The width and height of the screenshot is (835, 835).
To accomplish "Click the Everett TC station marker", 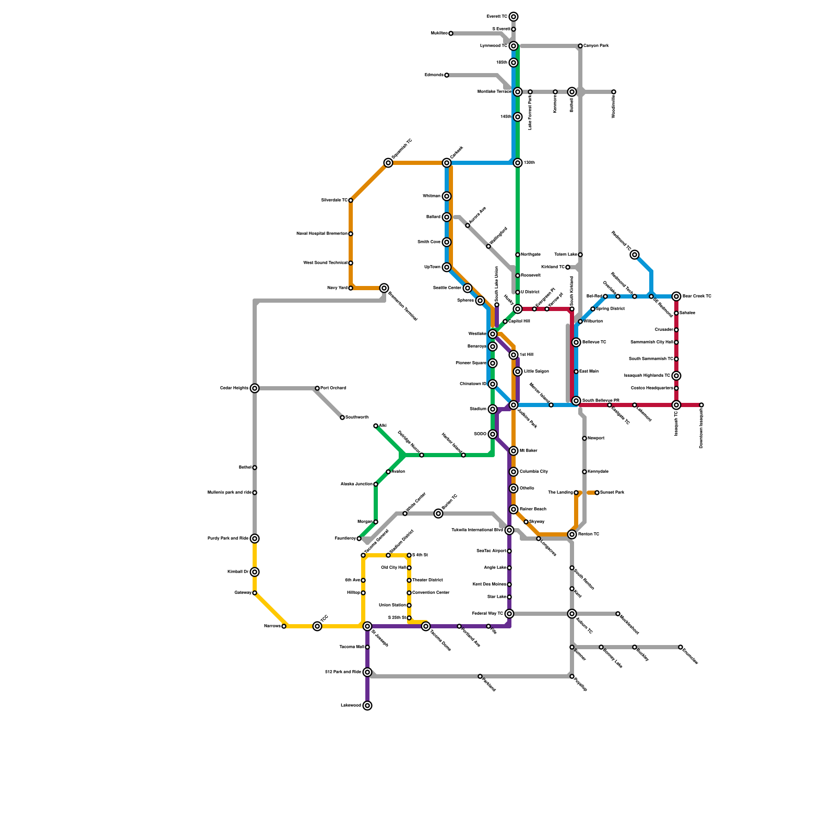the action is click(x=514, y=17).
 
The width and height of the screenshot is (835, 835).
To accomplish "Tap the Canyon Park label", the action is click(x=596, y=46).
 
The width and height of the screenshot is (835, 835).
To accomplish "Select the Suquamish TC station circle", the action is click(x=388, y=163).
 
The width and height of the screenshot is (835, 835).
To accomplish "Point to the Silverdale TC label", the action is click(x=334, y=200).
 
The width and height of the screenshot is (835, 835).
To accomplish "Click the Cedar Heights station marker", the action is click(x=255, y=388).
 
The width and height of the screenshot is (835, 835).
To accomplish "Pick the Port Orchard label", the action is click(x=333, y=388).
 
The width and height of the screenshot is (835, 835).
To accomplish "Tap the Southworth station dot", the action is click(x=342, y=417).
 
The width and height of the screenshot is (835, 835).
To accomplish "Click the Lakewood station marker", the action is click(x=367, y=706).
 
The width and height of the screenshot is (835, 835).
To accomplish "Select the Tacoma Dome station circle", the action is click(x=426, y=626).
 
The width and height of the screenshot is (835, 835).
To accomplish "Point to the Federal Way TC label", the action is click(x=487, y=614).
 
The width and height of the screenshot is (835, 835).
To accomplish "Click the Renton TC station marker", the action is click(x=572, y=534).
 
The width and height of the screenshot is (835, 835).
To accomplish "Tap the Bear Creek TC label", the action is click(x=697, y=296).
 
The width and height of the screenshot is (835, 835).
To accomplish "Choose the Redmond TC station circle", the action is click(x=635, y=255).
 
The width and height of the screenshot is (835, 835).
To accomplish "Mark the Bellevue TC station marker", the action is click(x=576, y=342).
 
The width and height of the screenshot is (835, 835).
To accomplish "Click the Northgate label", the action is click(x=530, y=255).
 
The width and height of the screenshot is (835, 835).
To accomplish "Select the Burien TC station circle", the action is click(x=438, y=514).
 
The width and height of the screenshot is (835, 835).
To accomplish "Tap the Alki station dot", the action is click(x=376, y=426).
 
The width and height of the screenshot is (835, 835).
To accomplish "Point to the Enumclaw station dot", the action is click(x=681, y=647).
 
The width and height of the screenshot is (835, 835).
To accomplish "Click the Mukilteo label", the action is click(x=439, y=33).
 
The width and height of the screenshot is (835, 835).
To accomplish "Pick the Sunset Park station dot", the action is click(x=597, y=493).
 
